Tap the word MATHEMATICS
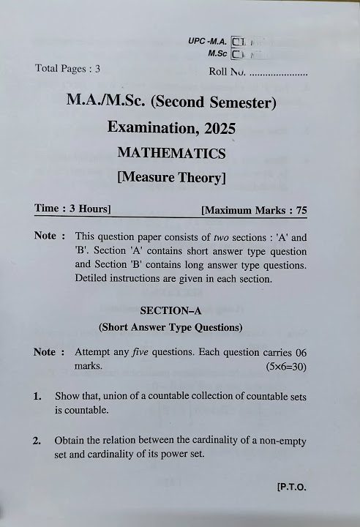(x=171, y=153)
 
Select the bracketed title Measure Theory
(x=171, y=176)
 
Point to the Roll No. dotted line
(x=278, y=72)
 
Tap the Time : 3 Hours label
(x=72, y=209)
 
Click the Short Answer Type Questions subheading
(x=170, y=326)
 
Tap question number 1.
(x=37, y=396)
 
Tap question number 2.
(x=37, y=441)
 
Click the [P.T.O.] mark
(x=291, y=487)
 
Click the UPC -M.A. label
(x=207, y=42)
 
